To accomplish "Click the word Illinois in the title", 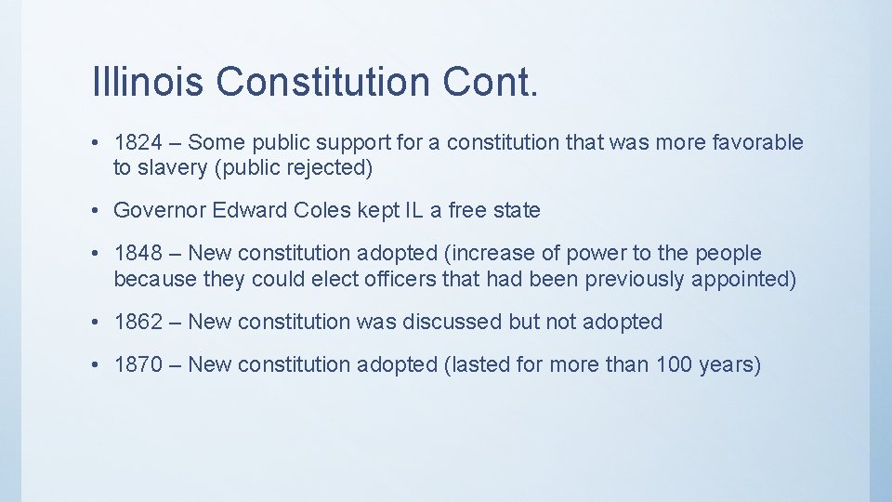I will tap(150, 82).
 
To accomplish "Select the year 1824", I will tap(138, 142).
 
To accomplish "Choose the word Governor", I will tap(160, 210).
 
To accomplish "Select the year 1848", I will tap(138, 253).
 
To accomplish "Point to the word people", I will tap(728, 253).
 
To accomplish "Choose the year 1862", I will tap(138, 322).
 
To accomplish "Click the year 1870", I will tap(138, 364).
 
